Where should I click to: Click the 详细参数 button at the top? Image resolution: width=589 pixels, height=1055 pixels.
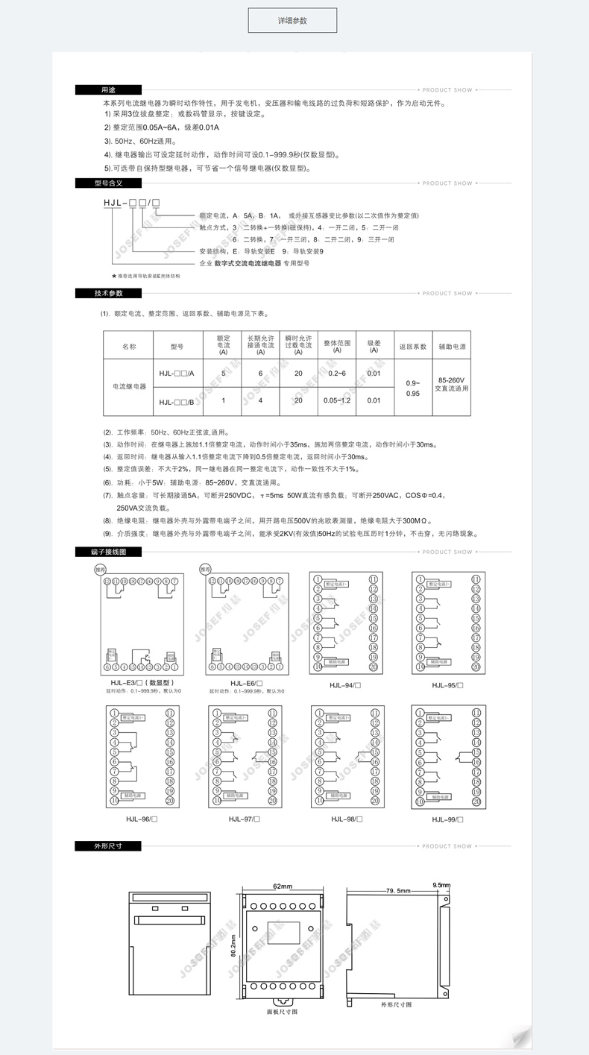[x=292, y=21]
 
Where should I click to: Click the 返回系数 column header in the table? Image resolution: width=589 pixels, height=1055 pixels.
[x=413, y=347]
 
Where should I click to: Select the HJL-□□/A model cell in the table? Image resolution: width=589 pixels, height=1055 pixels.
[x=176, y=373]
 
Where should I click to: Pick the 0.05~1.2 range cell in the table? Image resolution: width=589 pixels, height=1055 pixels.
[x=337, y=401]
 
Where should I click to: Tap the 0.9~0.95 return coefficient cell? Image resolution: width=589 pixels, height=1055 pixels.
[x=413, y=387]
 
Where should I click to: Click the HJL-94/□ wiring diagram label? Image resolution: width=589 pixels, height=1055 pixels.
[x=346, y=684]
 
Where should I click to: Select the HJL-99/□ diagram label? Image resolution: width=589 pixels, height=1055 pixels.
[x=447, y=819]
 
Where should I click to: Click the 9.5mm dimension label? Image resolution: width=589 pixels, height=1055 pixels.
[x=442, y=885]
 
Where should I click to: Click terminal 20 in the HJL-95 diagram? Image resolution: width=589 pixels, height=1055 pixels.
[x=476, y=667]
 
